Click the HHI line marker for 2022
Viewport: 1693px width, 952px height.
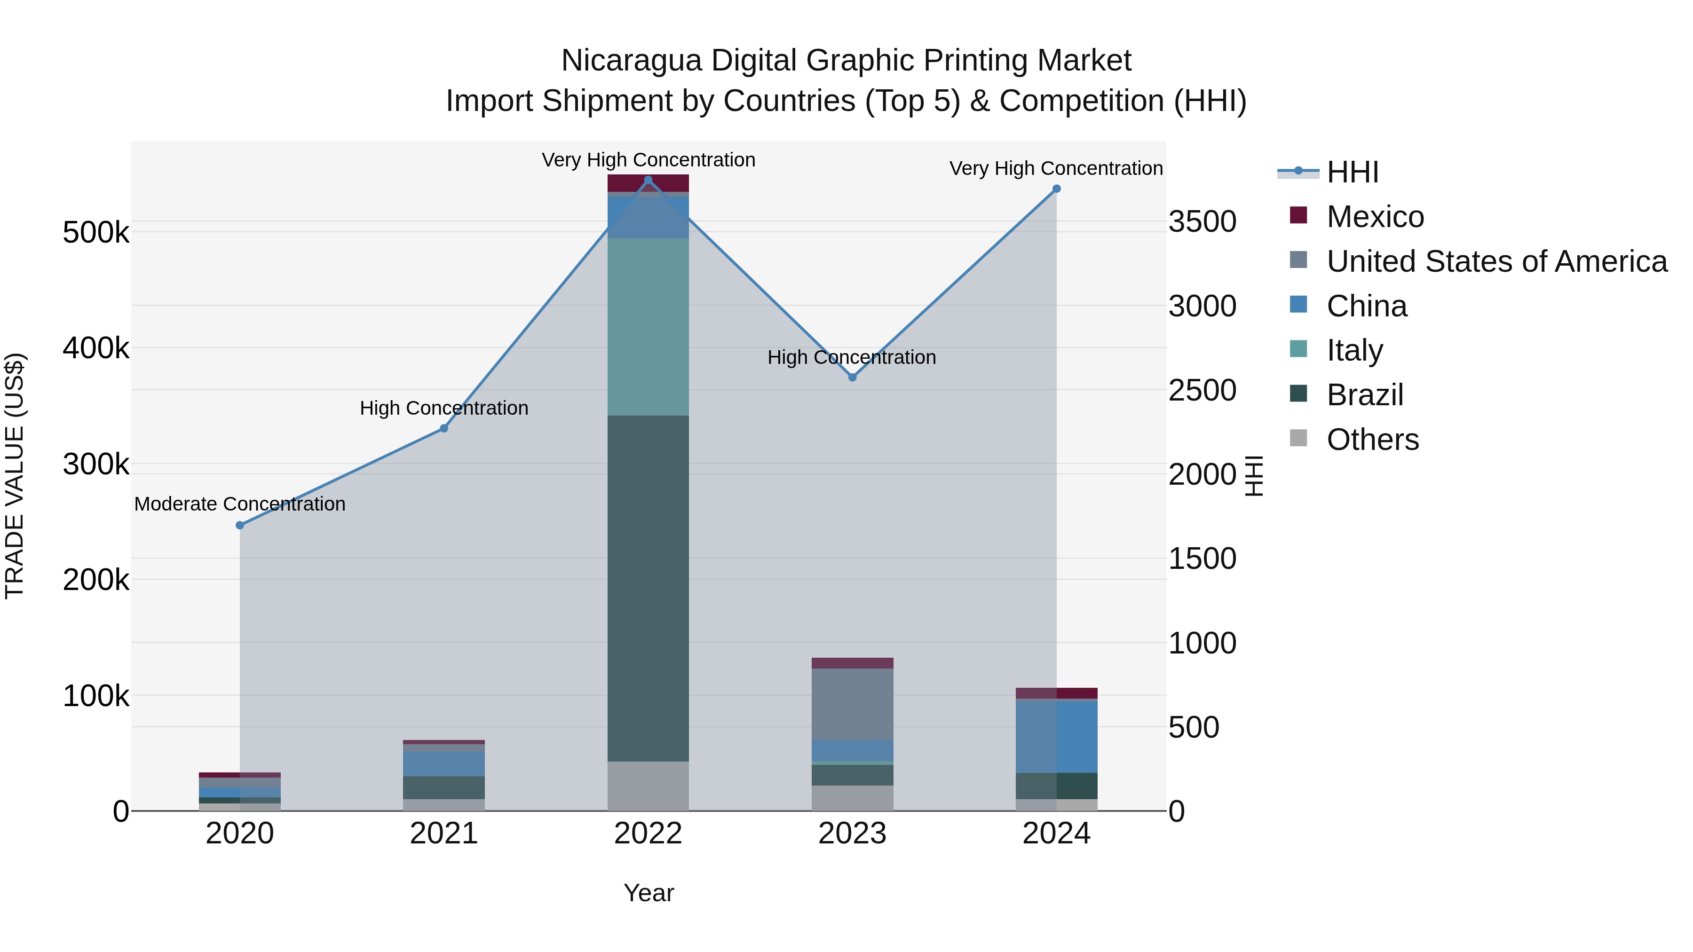tap(648, 180)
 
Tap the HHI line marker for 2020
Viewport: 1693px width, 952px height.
tap(240, 525)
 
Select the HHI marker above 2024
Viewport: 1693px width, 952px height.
tap(1056, 189)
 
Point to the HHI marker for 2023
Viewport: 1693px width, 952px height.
tap(853, 377)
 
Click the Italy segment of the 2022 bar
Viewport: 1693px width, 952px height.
tap(648, 327)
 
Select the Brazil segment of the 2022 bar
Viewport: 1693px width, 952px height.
tap(648, 588)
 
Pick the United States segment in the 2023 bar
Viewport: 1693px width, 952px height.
tap(853, 704)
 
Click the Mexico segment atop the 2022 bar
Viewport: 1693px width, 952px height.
tap(648, 183)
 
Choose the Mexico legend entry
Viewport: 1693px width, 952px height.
tap(1375, 217)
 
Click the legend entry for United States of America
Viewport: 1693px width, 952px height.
tap(1496, 261)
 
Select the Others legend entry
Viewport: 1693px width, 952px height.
tap(1372, 440)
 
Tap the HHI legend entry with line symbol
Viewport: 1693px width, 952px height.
tap(1353, 172)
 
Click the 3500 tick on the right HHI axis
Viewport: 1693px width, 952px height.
tap(1202, 221)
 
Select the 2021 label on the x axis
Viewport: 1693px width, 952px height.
tap(443, 834)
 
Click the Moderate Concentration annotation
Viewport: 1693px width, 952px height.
tap(240, 504)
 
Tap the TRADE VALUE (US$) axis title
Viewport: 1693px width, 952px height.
tap(15, 476)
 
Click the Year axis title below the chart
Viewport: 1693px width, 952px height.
tap(649, 893)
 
